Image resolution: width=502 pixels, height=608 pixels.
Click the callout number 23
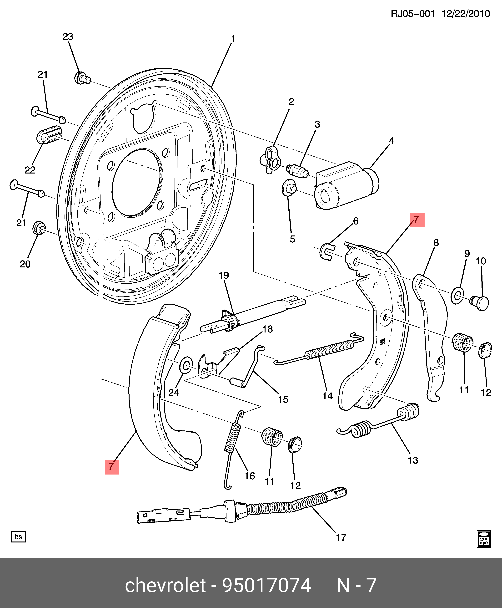pos(68,37)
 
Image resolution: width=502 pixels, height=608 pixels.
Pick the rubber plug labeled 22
pos(49,135)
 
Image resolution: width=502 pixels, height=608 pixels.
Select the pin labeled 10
pos(480,303)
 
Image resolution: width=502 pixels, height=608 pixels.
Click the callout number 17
pos(341,537)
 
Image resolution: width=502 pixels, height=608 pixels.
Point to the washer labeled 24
pos(186,365)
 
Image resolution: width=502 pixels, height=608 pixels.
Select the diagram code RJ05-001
pos(413,14)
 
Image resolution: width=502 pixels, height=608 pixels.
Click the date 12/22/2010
pos(466,14)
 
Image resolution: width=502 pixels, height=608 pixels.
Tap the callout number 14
pos(327,396)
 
